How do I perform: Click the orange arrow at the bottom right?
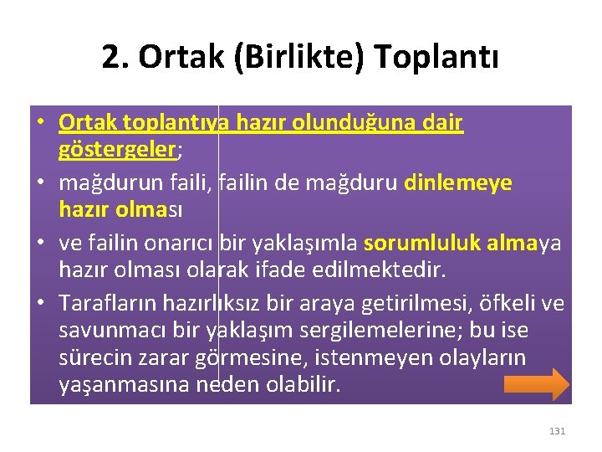pyautogui.click(x=537, y=384)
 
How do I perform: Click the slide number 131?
pyautogui.click(x=557, y=431)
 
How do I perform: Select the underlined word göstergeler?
pyautogui.click(x=116, y=149)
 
